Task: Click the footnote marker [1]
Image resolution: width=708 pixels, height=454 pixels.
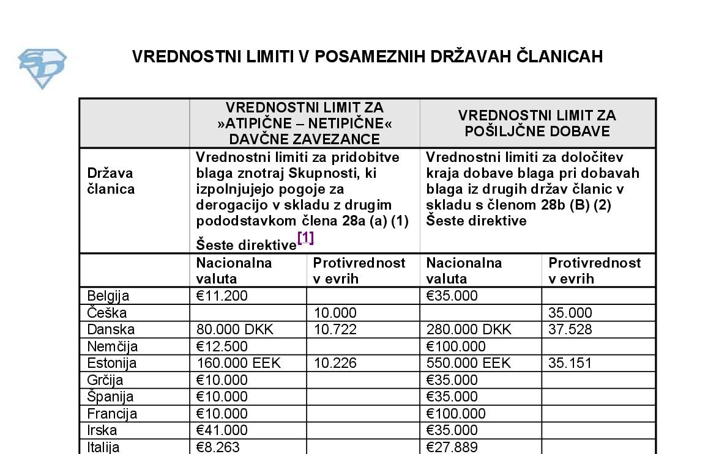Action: coord(305,237)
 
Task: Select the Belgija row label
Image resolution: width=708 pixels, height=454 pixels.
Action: coord(108,296)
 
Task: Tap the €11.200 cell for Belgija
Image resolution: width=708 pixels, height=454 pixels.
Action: coord(222,296)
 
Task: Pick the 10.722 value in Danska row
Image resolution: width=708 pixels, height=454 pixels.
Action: coord(335,330)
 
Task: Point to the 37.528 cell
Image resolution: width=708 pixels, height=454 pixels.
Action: coord(570,330)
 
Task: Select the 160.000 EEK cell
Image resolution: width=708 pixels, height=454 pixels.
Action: coord(238,364)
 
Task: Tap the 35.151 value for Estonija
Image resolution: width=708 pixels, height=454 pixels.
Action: coord(570,364)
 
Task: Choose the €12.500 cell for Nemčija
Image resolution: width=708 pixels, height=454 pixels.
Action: coord(222,346)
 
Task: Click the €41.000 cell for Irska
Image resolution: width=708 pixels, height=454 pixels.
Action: coord(222,430)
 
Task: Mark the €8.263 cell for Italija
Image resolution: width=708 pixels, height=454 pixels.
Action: coord(218,447)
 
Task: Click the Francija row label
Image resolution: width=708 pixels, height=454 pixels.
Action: coord(112,414)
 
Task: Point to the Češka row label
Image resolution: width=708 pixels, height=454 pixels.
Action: coord(107,313)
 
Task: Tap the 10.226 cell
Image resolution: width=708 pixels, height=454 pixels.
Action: coord(335,364)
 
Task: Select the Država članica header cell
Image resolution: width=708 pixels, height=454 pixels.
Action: coord(111,181)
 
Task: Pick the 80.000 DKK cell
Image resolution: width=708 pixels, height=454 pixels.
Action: coord(235,330)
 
